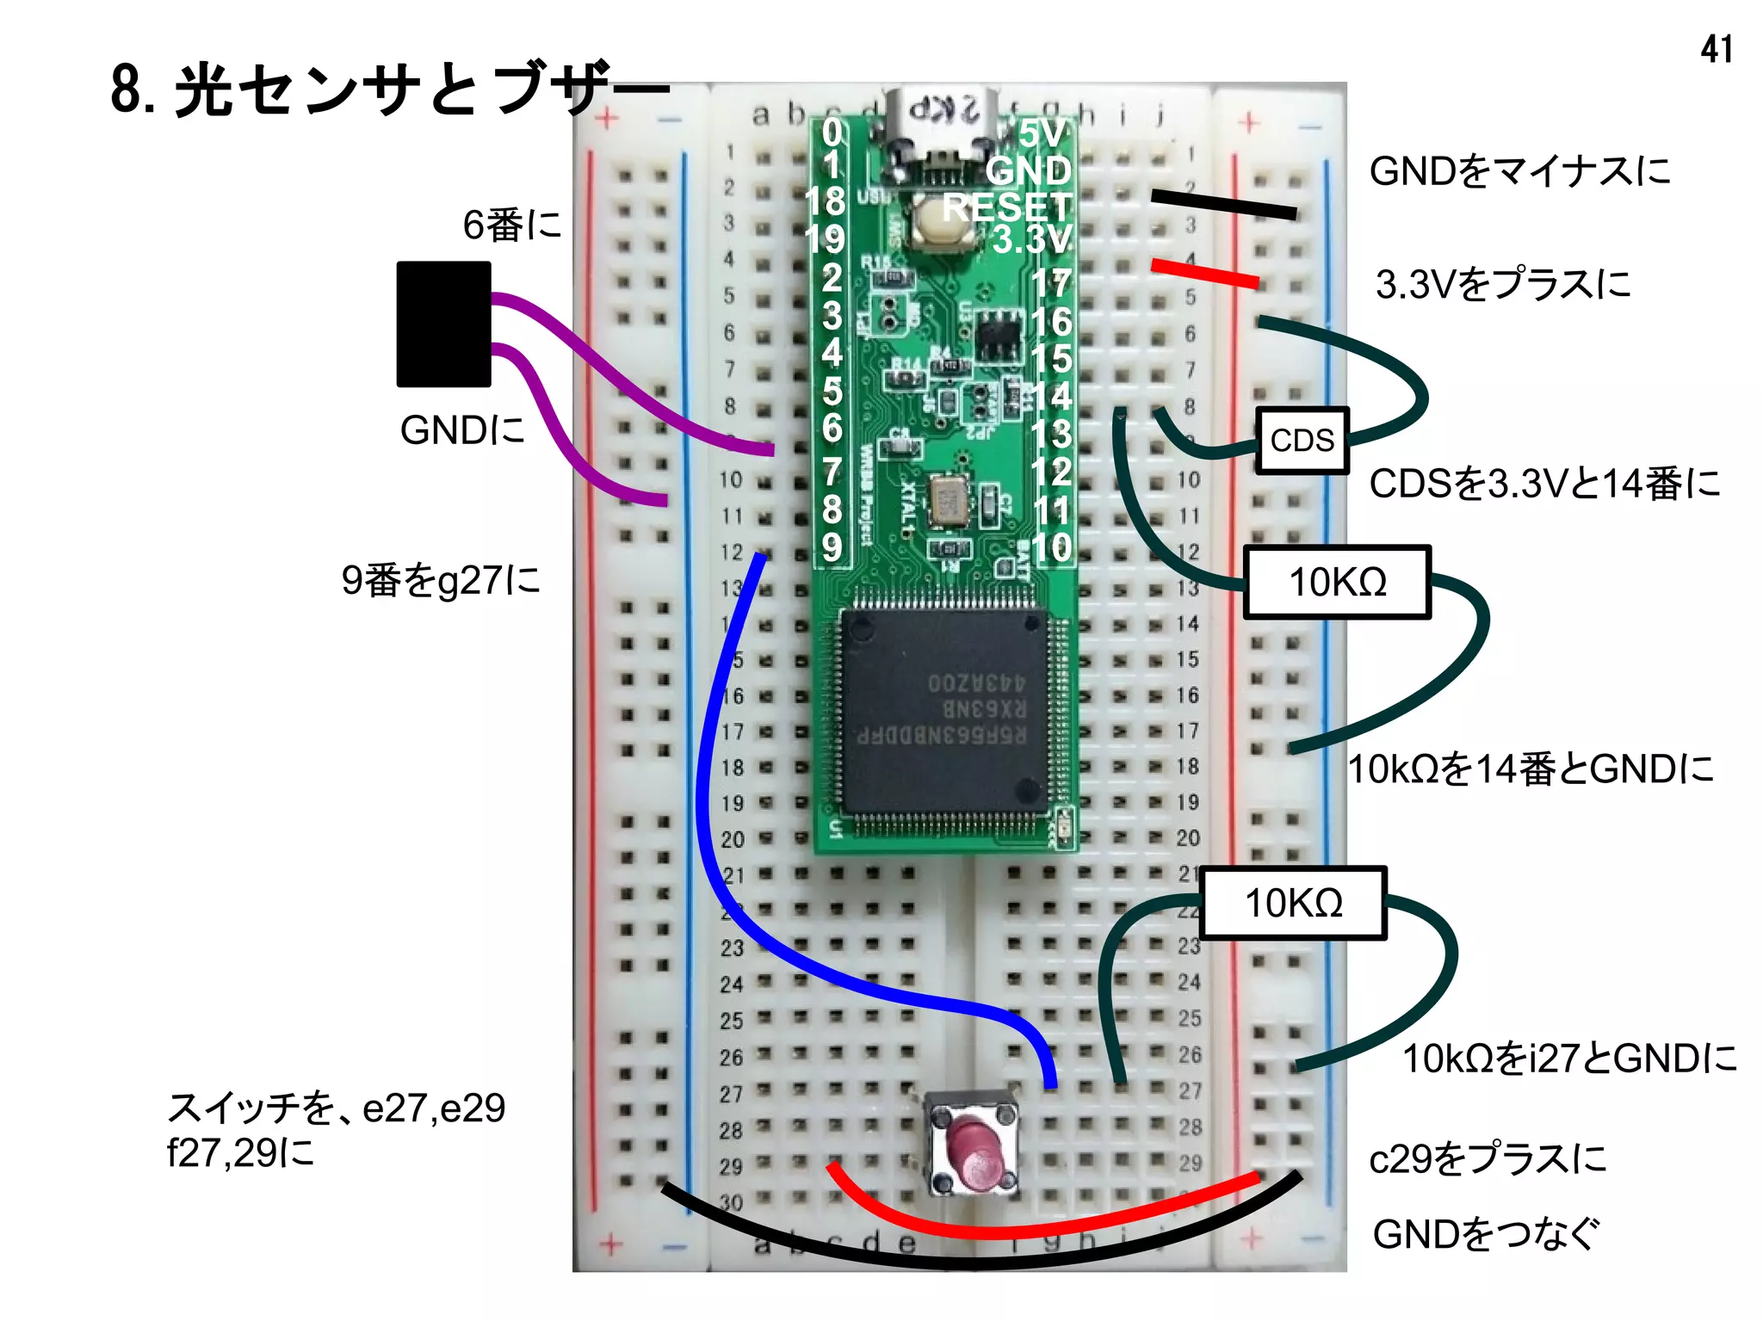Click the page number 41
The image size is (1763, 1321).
point(1716,49)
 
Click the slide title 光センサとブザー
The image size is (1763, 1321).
point(387,89)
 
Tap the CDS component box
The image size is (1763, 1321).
point(1302,440)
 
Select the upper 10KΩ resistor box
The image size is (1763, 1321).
point(1337,582)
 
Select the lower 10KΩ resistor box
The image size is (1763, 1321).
point(1293,903)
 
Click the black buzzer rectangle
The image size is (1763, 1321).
point(443,324)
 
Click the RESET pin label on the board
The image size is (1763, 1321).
point(1006,207)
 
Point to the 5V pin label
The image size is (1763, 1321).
point(1042,134)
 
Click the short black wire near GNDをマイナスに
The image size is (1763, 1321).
point(1223,205)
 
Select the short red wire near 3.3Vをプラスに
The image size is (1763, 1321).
point(1205,273)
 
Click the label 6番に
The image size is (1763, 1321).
point(511,225)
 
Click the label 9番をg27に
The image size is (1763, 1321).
point(441,580)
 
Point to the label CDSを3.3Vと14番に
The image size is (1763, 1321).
point(1543,484)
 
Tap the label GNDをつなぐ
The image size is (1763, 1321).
point(1485,1233)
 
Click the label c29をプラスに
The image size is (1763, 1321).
point(1488,1158)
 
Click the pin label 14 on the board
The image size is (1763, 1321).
point(1052,396)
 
